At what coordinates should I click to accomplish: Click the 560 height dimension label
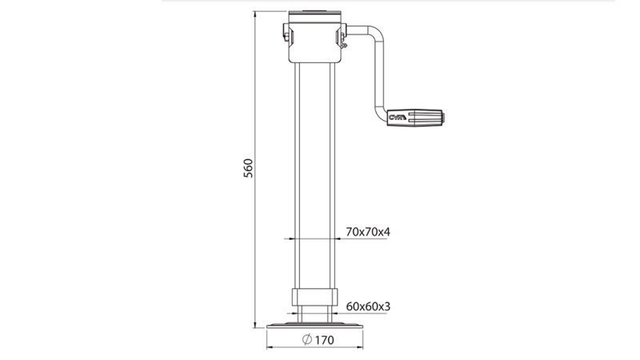tap(248, 168)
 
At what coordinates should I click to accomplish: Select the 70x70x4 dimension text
tap(367, 232)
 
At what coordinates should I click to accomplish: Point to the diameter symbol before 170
tap(308, 340)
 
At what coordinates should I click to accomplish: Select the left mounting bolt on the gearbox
tap(286, 34)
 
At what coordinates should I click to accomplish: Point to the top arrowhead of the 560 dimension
tap(255, 14)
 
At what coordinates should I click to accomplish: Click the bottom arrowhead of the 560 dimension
tap(255, 326)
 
